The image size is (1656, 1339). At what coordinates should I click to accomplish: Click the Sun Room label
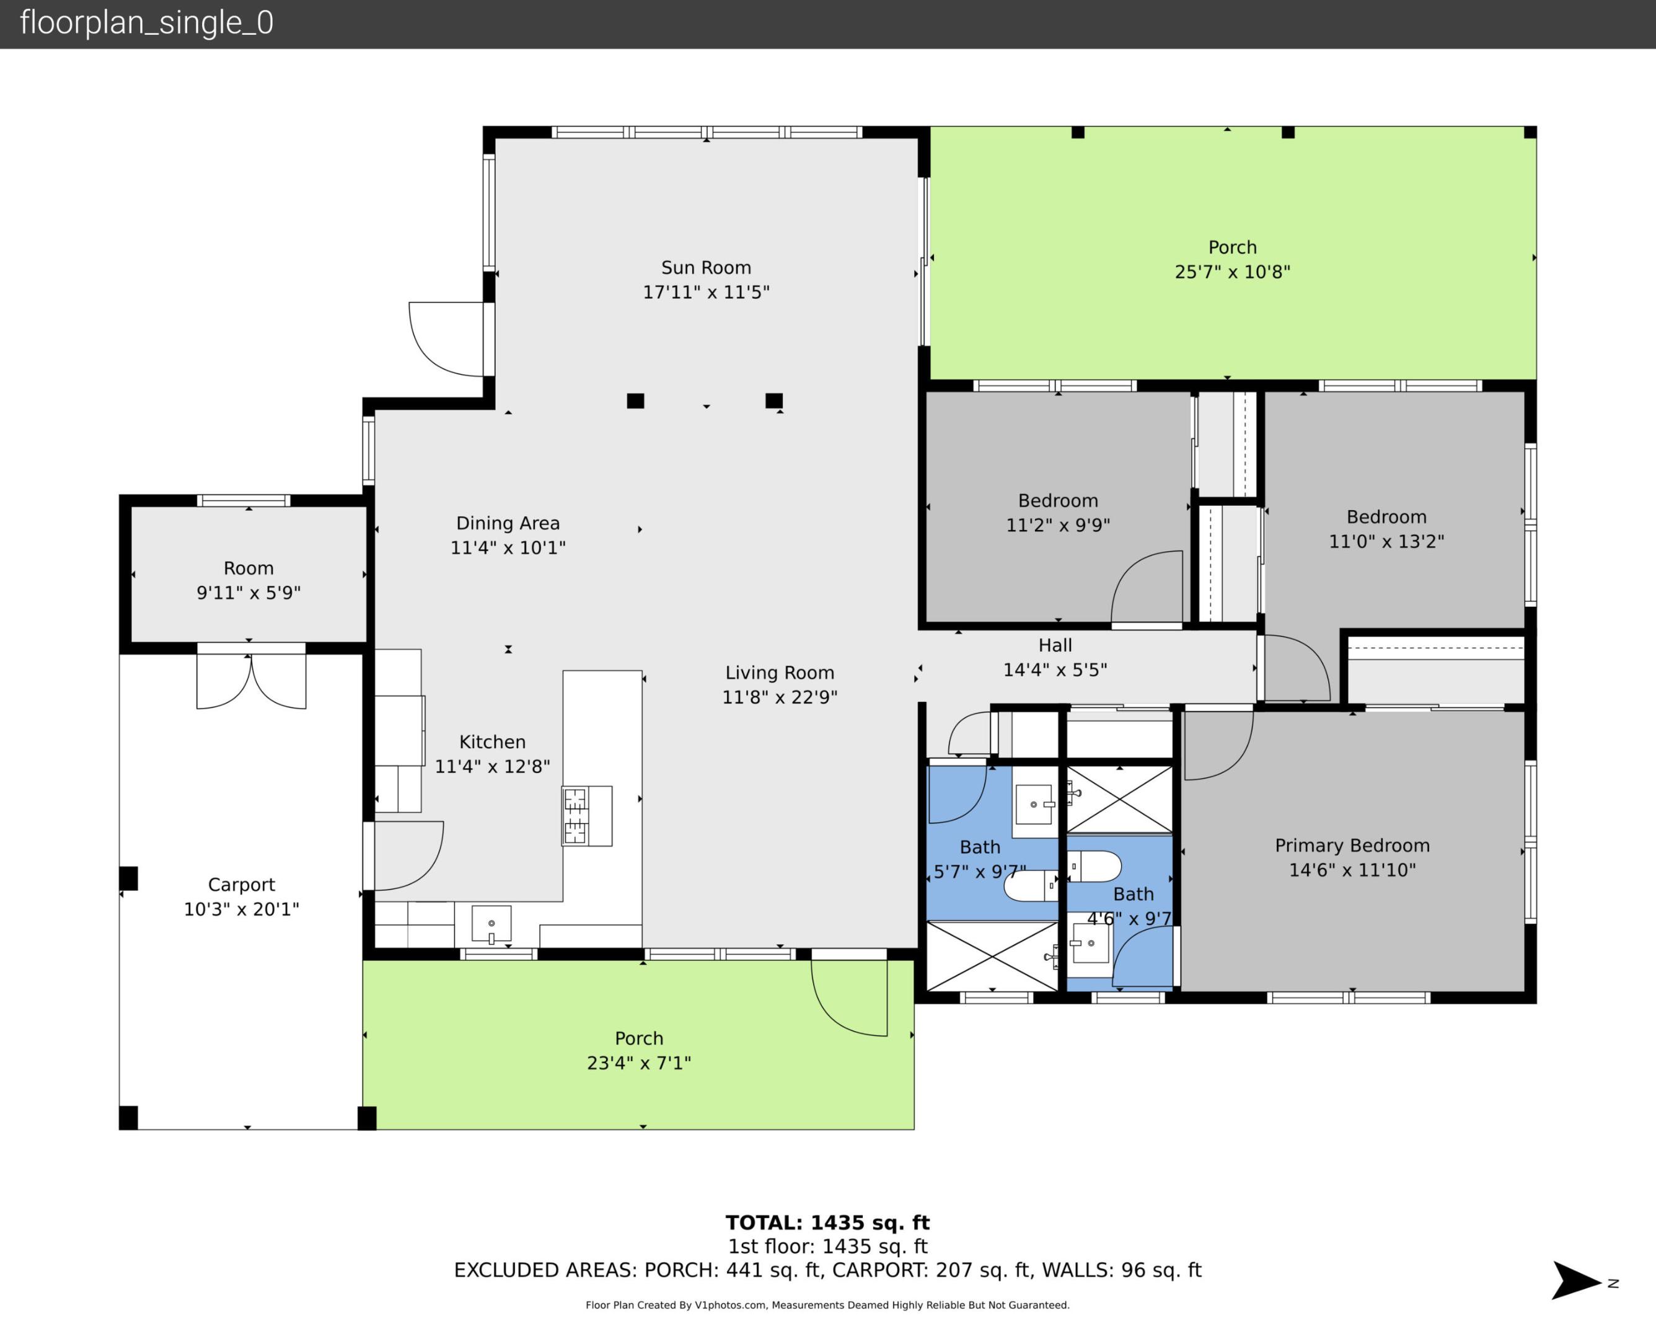(x=705, y=268)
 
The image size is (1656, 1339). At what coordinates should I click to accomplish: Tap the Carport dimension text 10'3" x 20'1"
(x=240, y=909)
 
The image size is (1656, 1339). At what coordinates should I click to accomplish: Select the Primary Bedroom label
(x=1352, y=846)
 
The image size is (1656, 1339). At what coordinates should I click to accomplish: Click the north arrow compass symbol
(x=1577, y=1281)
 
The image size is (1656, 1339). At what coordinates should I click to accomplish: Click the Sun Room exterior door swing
(x=447, y=339)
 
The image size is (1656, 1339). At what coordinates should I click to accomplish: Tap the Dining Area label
(x=508, y=523)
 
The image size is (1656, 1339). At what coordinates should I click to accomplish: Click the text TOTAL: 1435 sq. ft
(x=827, y=1222)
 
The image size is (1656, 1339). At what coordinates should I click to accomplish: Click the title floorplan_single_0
(x=146, y=23)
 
